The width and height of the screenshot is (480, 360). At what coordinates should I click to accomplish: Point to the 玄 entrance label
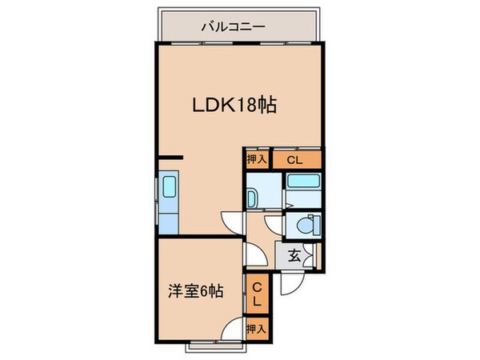click(x=293, y=257)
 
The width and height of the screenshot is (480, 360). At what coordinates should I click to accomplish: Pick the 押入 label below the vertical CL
click(x=257, y=329)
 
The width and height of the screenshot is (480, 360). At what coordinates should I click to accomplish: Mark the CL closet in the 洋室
click(x=258, y=294)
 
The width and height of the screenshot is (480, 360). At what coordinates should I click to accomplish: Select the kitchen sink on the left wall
click(x=170, y=189)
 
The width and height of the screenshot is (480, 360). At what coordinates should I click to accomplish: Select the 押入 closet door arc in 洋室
click(x=234, y=329)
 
